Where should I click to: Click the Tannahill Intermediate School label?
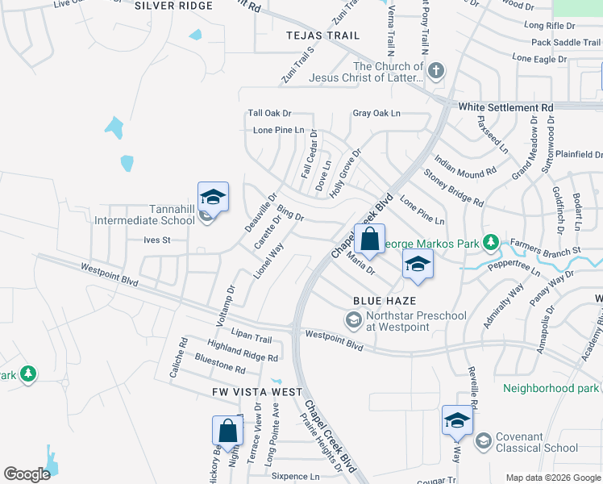(x=145, y=214)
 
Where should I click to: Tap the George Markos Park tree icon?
(x=489, y=243)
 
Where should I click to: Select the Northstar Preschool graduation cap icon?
(x=353, y=321)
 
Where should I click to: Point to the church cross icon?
(x=436, y=71)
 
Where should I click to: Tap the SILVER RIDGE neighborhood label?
(x=174, y=6)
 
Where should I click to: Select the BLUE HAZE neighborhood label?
(x=384, y=300)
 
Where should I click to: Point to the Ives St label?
(x=156, y=240)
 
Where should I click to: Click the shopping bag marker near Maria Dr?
(x=369, y=240)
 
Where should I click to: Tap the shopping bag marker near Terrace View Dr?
(x=228, y=432)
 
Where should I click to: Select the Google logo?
(x=27, y=474)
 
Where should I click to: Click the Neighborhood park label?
(x=551, y=388)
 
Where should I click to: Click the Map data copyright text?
(x=552, y=478)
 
